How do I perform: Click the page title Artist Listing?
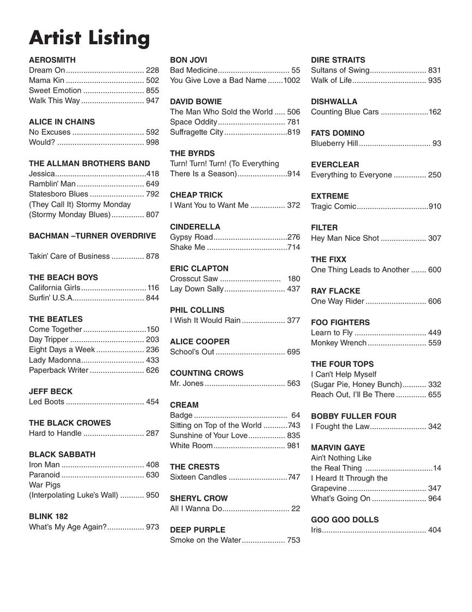89,38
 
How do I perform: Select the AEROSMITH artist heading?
52,60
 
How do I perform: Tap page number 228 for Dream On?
152,70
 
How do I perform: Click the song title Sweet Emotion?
55,91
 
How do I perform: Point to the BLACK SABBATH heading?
62,454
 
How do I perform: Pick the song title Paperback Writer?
58,370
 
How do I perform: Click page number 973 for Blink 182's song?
152,527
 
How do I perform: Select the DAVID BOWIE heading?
196,102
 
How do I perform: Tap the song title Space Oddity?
193,122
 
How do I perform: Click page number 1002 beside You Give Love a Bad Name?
292,80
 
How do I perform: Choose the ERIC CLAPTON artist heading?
199,269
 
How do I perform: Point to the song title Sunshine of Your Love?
209,435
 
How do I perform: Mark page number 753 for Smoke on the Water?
293,540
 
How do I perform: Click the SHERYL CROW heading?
199,498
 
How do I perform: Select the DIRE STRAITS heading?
338,60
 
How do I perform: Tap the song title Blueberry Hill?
334,144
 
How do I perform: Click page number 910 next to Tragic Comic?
435,206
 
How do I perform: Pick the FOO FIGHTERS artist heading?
340,323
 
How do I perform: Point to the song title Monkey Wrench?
339,343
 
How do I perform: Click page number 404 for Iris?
435,530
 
